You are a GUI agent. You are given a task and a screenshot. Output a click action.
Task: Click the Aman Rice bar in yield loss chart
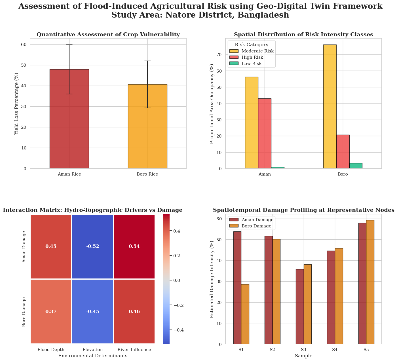pyautogui.click(x=69, y=119)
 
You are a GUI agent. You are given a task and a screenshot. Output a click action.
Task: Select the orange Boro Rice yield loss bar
pyautogui.click(x=147, y=126)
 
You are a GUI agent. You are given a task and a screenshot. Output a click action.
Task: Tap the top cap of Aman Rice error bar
pyautogui.click(x=69, y=45)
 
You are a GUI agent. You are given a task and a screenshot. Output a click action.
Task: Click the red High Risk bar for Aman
pyautogui.click(x=265, y=133)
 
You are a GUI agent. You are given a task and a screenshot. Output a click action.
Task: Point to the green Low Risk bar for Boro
pyautogui.click(x=356, y=166)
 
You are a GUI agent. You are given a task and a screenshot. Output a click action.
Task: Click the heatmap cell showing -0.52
pyautogui.click(x=93, y=246)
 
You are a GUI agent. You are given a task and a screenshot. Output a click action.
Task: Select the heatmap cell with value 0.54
pyautogui.click(x=134, y=246)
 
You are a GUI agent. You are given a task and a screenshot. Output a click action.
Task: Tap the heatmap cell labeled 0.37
pyautogui.click(x=51, y=311)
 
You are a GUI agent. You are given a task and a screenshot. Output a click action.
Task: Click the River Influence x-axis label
pyautogui.click(x=134, y=350)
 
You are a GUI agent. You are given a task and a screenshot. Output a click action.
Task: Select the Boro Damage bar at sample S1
pyautogui.click(x=245, y=314)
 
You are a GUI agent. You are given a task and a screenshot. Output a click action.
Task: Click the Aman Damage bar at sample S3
pyautogui.click(x=300, y=307)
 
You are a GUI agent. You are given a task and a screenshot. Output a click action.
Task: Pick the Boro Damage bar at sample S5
pyautogui.click(x=370, y=282)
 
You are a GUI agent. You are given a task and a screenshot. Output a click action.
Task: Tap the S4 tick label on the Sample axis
pyautogui.click(x=335, y=350)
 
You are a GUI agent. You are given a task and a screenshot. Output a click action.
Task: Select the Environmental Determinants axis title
pyautogui.click(x=93, y=356)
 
